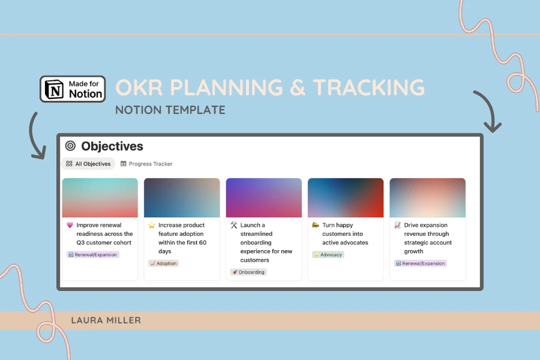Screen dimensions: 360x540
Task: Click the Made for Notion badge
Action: pos(73,88)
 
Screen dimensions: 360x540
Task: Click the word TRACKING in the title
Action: pos(368,88)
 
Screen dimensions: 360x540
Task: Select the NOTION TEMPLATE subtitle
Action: pos(170,110)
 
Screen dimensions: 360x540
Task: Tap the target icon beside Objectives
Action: pos(70,146)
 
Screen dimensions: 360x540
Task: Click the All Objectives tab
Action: pos(88,164)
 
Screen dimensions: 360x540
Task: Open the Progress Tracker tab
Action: pos(146,164)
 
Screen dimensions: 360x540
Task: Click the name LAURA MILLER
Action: pos(106,320)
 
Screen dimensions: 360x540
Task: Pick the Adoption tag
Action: pos(163,263)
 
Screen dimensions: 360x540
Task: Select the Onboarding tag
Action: pos(248,272)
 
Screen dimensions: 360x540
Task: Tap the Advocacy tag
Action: pos(328,254)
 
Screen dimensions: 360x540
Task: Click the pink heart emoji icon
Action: pos(70,226)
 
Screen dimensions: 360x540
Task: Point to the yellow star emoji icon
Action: pos(152,226)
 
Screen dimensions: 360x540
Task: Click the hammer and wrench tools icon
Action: pos(234,226)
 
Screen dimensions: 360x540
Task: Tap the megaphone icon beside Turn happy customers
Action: pos(316,226)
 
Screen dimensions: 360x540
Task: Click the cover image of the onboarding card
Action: pos(263,197)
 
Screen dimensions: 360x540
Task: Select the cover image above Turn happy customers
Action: pos(346,197)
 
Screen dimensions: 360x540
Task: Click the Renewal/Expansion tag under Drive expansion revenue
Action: pos(420,263)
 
